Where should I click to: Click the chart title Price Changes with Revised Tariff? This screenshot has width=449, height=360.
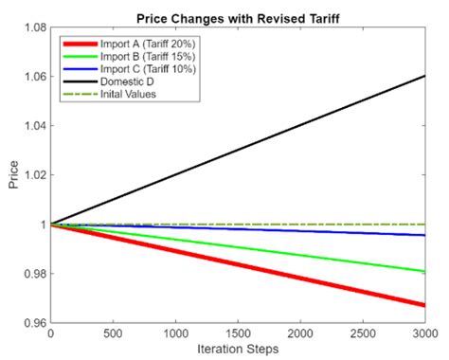[237, 16]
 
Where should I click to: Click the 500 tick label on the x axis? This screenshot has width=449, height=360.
[113, 333]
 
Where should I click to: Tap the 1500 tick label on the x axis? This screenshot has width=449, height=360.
[238, 333]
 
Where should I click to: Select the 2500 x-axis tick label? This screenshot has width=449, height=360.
[363, 333]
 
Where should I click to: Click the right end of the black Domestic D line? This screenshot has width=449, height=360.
[424, 76]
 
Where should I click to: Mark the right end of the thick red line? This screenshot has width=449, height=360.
[424, 305]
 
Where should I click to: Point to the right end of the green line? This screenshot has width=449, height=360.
[424, 272]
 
